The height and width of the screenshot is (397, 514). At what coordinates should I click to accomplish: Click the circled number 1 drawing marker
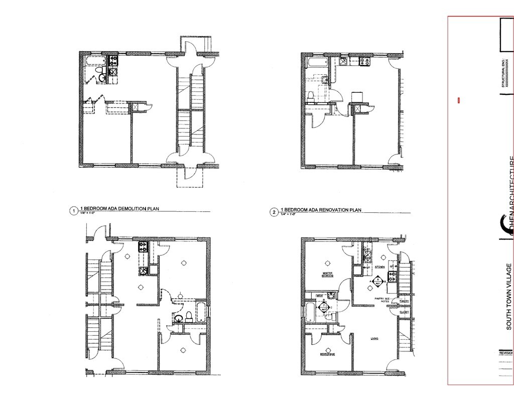[74, 211]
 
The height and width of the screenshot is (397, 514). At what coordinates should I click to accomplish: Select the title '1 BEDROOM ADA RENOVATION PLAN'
[321, 209]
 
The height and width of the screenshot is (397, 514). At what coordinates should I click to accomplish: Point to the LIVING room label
[374, 339]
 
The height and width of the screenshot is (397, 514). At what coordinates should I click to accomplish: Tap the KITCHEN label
[380, 267]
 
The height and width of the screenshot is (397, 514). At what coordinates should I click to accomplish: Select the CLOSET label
[404, 312]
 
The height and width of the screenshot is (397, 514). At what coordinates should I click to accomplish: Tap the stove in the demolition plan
[113, 62]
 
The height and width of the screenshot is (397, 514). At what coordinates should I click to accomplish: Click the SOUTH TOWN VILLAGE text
[508, 296]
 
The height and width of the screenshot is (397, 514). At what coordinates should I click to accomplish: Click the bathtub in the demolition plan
[95, 61]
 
